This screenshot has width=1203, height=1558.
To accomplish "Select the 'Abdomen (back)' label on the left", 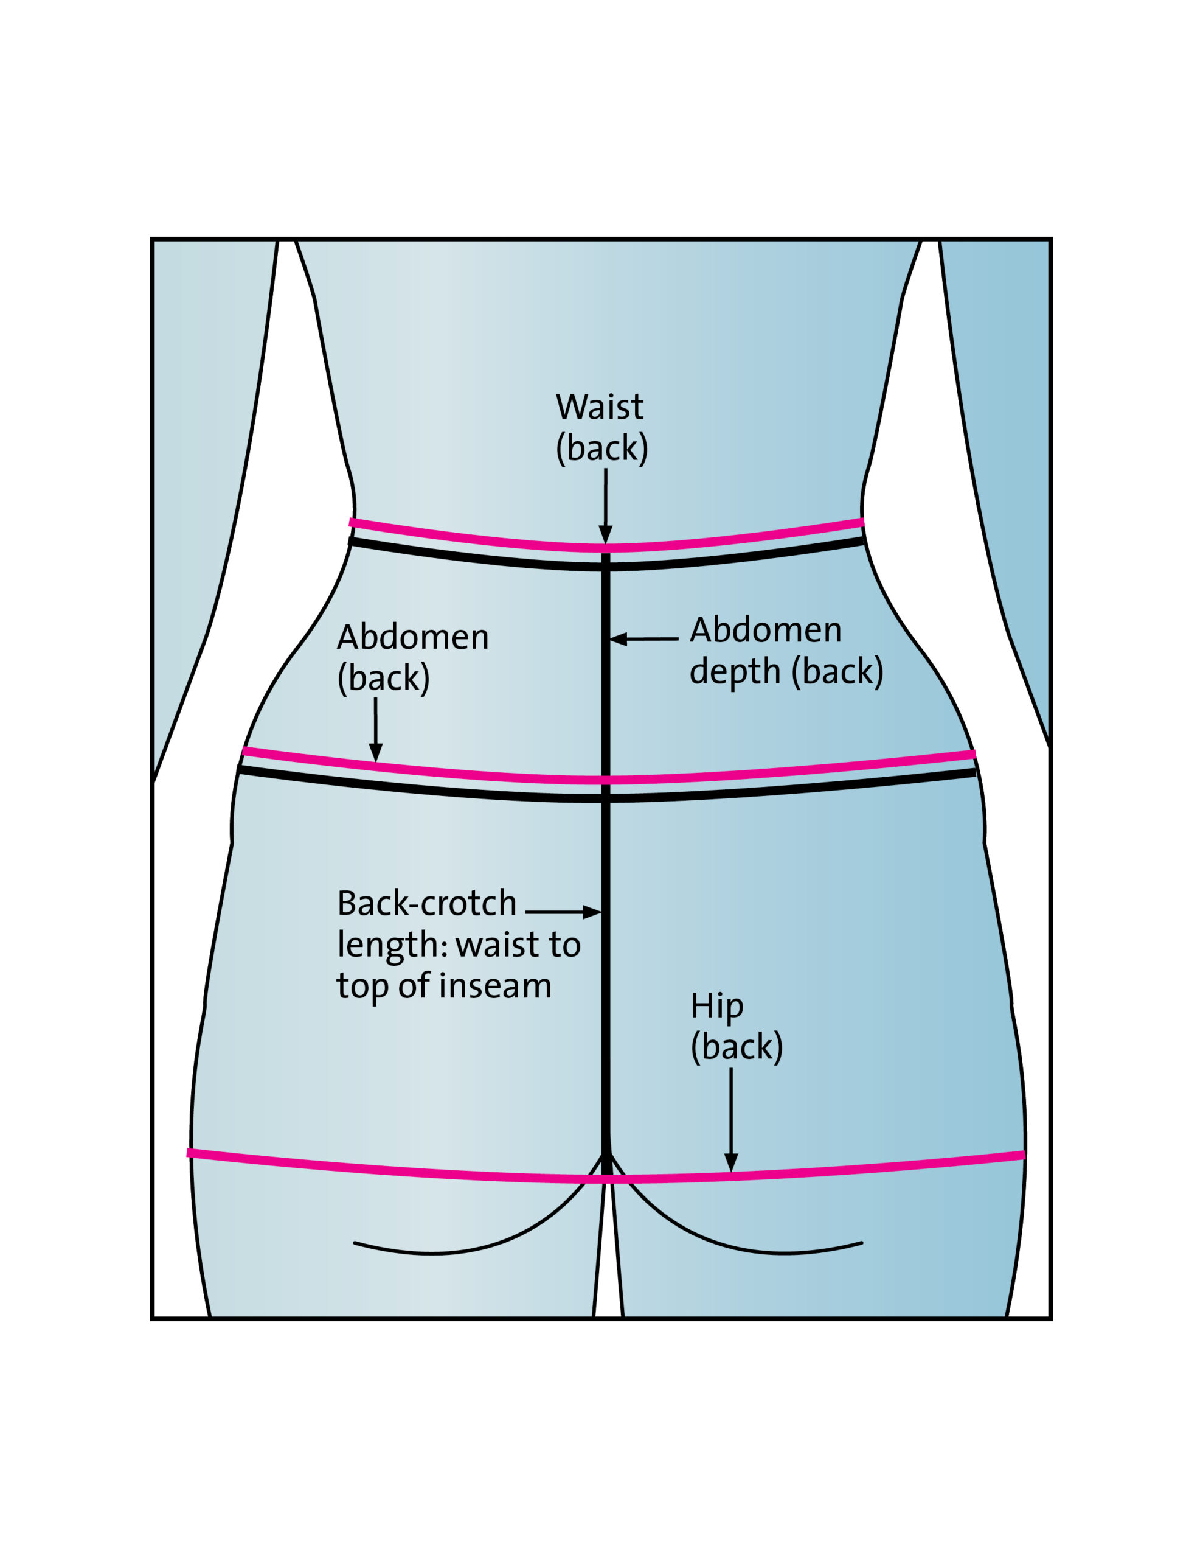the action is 412,657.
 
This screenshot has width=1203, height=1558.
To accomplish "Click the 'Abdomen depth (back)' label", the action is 786,651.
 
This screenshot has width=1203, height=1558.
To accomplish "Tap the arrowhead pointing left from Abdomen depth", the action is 617,638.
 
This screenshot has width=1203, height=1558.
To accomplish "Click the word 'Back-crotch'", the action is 426,903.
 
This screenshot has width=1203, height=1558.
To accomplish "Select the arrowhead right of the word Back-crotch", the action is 592,912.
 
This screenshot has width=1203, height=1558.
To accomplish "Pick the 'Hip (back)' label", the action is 736,1027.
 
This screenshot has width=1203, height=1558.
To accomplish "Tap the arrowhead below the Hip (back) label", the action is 731,1162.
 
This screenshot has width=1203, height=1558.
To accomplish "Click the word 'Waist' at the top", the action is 600,407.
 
